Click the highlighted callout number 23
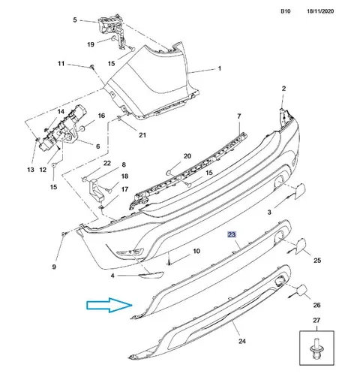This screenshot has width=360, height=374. click(x=232, y=234)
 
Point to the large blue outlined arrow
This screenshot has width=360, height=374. click(x=109, y=305)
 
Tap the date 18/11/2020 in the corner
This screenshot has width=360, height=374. click(x=320, y=11)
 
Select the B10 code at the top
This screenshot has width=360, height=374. click(x=286, y=11)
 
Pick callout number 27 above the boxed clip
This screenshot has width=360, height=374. click(x=316, y=320)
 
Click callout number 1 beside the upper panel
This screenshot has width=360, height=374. click(x=220, y=68)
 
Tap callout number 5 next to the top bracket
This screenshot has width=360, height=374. click(x=75, y=20)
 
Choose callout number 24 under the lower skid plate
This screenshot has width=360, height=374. click(x=242, y=341)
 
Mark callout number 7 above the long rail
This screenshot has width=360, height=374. click(x=239, y=116)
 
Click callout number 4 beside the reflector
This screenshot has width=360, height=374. click(x=112, y=276)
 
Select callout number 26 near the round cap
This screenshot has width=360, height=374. click(x=316, y=305)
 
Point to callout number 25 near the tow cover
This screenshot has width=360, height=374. click(x=317, y=261)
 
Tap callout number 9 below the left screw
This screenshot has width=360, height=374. click(x=54, y=267)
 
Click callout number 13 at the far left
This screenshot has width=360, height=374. click(x=31, y=170)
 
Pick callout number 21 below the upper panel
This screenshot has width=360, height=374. click(x=142, y=135)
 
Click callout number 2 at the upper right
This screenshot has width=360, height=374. click(x=283, y=89)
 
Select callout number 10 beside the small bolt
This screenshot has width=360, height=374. click(x=196, y=251)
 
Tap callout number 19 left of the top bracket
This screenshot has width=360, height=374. click(x=91, y=44)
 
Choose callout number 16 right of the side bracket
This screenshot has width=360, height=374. click(x=101, y=116)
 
